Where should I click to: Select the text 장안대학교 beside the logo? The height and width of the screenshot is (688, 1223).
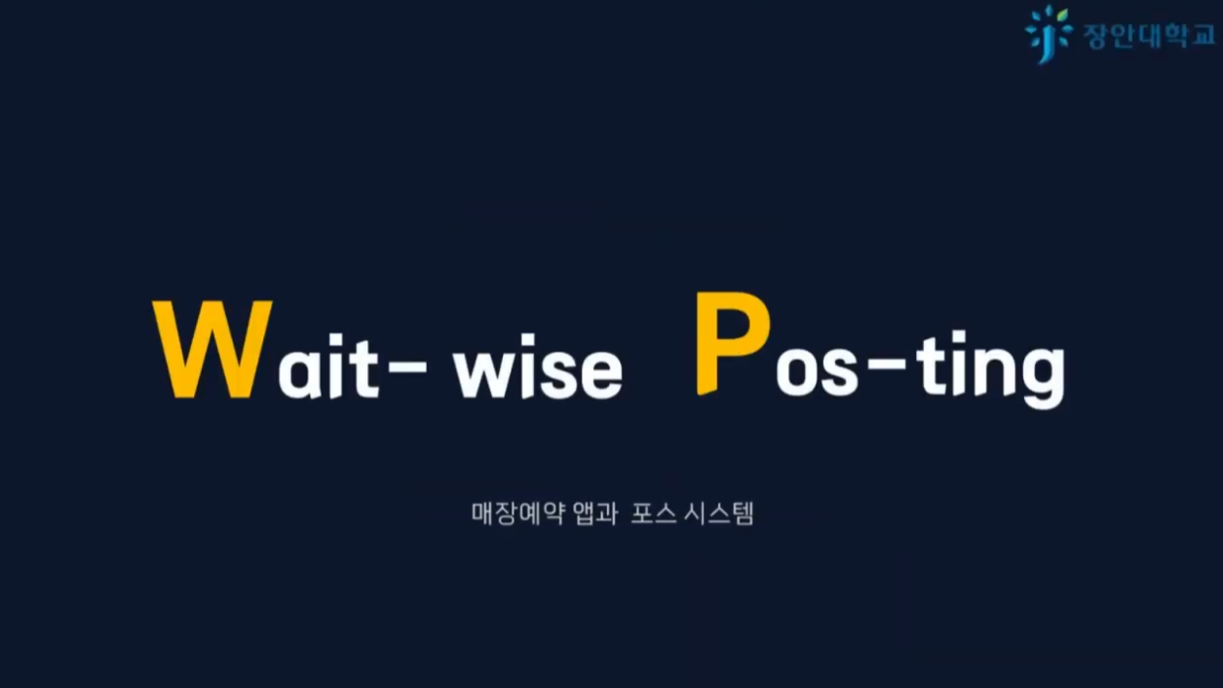pos(1148,35)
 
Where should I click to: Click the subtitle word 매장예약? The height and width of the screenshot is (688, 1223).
pos(505,513)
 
